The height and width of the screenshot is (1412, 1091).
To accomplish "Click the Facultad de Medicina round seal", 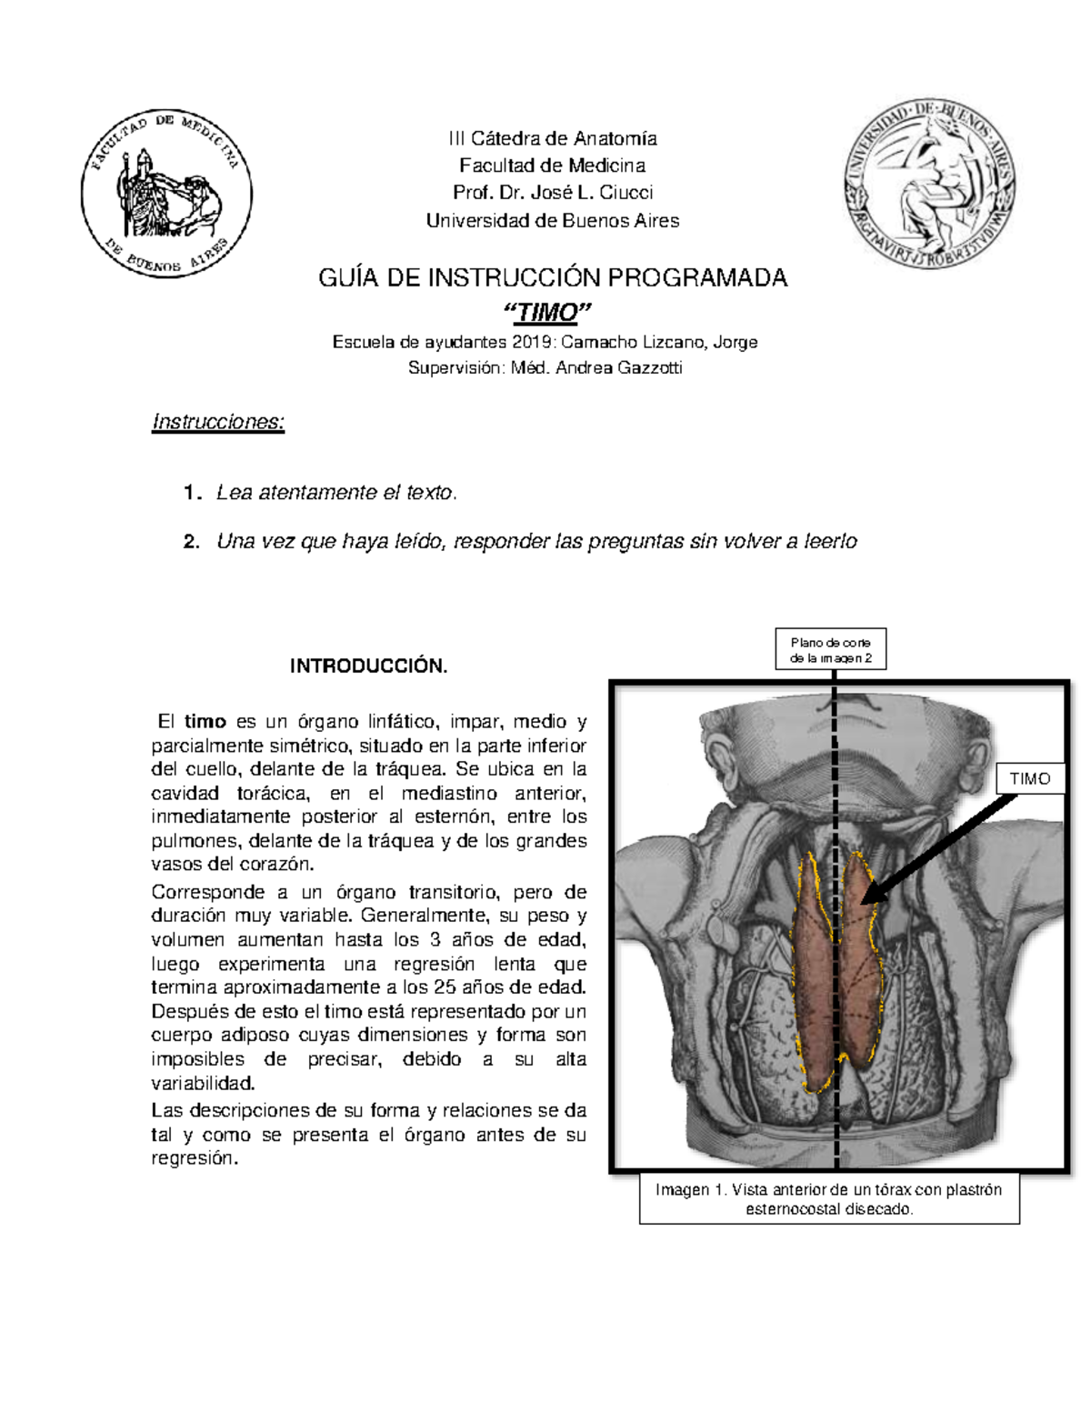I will click(x=166, y=194).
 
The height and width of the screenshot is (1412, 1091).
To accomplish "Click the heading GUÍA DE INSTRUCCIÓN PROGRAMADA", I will click(x=553, y=278).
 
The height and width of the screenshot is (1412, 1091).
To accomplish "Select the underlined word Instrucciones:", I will click(x=218, y=423).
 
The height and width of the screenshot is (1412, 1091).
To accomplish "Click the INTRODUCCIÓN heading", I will click(x=369, y=666).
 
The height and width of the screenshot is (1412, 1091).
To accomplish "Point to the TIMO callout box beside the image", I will click(x=1030, y=778).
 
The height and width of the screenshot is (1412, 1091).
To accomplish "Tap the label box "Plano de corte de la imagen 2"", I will click(x=830, y=650).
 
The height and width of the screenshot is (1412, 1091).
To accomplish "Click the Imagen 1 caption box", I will click(x=828, y=1199).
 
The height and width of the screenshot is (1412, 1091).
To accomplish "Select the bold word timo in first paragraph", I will click(x=205, y=722).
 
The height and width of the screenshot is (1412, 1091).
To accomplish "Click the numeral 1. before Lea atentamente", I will click(x=190, y=494).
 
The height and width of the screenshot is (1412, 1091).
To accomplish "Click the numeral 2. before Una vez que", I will click(x=190, y=543).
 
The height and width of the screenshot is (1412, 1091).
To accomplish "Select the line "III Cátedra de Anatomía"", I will click(x=553, y=139).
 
